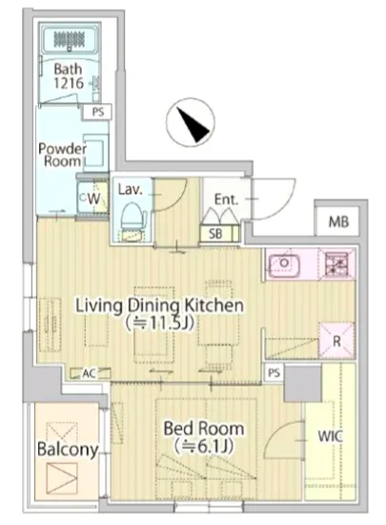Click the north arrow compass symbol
(x=191, y=122)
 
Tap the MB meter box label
(x=338, y=221)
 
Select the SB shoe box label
(x=215, y=234)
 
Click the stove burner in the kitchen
(x=336, y=262)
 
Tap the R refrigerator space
(x=336, y=341)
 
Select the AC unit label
(x=89, y=373)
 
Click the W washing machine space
(x=93, y=199)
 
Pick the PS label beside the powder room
(x=97, y=113)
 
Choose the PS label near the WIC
(x=274, y=372)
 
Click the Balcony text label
(x=68, y=450)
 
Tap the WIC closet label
(x=330, y=436)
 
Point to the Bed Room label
(x=204, y=429)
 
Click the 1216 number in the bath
(x=69, y=83)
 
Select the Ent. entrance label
(x=226, y=199)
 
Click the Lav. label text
(x=130, y=190)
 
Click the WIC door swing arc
(x=279, y=431)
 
